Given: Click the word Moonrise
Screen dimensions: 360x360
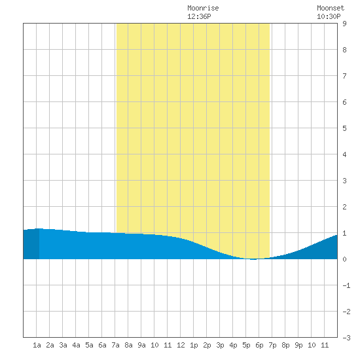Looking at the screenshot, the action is (x=203, y=8).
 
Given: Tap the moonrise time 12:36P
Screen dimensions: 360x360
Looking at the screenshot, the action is (x=199, y=16).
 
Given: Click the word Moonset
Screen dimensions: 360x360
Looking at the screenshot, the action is (x=331, y=8).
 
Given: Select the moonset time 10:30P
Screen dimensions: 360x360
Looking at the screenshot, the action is (x=329, y=16).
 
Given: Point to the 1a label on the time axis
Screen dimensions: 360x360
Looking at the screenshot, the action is (x=37, y=345).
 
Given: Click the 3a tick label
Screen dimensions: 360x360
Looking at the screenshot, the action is (x=63, y=345).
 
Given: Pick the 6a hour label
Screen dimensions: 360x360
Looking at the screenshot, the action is (x=102, y=345).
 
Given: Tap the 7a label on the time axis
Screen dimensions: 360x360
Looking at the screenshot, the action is (x=115, y=345).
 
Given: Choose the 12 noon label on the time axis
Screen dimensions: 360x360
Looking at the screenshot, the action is (x=181, y=345).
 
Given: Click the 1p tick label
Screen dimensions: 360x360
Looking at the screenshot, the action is (x=194, y=345).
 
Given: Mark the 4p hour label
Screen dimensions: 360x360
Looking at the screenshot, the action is (x=233, y=345).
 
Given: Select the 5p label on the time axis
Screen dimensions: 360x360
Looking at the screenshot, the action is (x=246, y=345).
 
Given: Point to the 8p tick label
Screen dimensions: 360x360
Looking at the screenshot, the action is (x=285, y=345).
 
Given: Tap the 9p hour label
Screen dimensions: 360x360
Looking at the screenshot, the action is (x=298, y=345).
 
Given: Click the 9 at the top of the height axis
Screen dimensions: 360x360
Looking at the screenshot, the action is (x=344, y=24).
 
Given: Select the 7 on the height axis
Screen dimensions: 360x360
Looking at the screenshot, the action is (x=344, y=76).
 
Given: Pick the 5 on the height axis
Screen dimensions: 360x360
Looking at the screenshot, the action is (x=344, y=128).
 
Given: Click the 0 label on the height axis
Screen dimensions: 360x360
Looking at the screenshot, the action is (x=344, y=259).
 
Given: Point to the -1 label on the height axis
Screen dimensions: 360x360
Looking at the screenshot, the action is (x=346, y=285).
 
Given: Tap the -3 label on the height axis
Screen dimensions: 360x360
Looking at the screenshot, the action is (x=346, y=338).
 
